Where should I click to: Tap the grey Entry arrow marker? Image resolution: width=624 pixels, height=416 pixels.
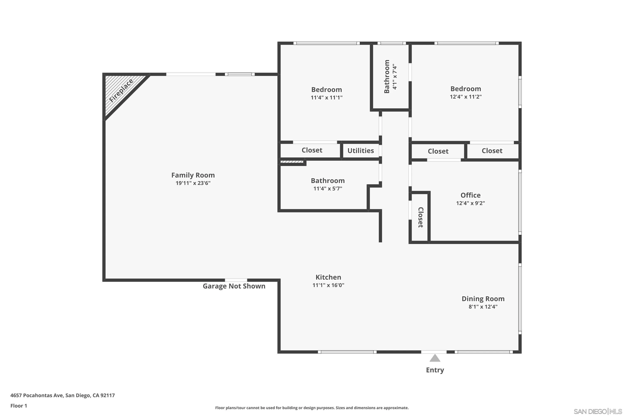click(435, 358)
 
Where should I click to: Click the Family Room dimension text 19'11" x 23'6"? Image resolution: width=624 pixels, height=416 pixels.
click(193, 183)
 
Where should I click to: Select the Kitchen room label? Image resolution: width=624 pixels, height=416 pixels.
click(328, 277)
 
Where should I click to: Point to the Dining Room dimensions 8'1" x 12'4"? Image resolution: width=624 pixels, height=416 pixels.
click(483, 307)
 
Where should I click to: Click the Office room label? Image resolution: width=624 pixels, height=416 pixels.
click(470, 195)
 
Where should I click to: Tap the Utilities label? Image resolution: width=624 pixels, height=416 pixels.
click(360, 151)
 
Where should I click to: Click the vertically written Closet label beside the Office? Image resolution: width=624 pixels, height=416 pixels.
click(421, 217)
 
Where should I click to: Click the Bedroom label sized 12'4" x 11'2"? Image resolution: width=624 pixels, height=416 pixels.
click(466, 89)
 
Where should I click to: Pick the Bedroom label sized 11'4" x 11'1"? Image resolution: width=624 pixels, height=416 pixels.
click(326, 90)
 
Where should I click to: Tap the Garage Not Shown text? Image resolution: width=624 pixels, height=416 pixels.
click(234, 286)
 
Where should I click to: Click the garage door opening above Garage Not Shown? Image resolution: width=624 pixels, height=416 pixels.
click(236, 280)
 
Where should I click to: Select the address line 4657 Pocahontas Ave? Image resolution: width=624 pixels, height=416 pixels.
click(63, 395)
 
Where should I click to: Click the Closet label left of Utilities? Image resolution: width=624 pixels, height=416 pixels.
click(312, 150)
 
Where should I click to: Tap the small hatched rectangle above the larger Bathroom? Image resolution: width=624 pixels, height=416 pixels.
click(292, 162)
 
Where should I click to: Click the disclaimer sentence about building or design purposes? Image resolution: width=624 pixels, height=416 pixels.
click(312, 408)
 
